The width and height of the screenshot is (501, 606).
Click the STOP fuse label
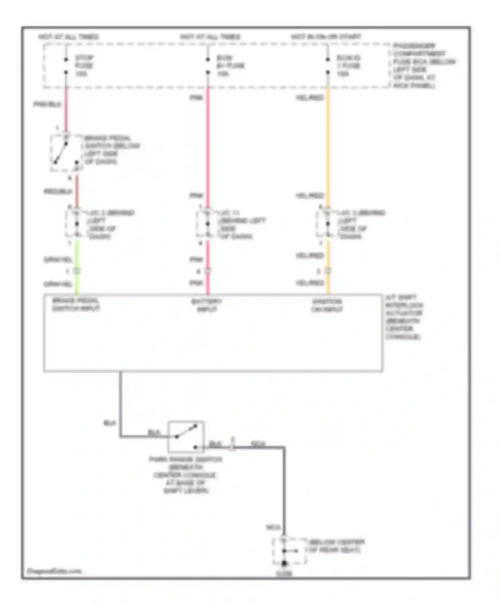point(84,65)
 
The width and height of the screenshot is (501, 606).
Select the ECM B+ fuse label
point(230,65)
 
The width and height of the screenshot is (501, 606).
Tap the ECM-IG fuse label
point(348,65)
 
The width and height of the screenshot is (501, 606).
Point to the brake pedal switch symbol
point(65,153)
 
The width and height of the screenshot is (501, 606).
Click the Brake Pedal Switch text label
point(112,150)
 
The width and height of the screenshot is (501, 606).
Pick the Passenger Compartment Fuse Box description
point(424,65)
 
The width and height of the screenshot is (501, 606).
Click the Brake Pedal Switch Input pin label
point(76,304)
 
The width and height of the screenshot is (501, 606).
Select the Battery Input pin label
point(206,305)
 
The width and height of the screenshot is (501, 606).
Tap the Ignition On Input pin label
point(327,305)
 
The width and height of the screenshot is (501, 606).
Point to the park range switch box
point(186,437)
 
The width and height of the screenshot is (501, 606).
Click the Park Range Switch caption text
point(185,475)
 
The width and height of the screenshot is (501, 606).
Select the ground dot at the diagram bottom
point(284,563)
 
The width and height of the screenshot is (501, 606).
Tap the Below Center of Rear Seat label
point(336,546)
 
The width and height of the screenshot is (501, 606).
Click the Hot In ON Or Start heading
point(326,36)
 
